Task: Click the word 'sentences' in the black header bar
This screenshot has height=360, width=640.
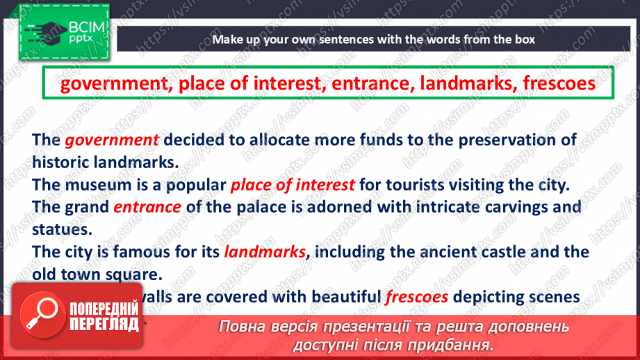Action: pos(345,39)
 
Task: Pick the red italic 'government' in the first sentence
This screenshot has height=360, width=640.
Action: pos(113,140)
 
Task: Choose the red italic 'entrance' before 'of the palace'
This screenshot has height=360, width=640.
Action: pos(147,207)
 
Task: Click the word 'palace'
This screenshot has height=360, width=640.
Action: pos(261,207)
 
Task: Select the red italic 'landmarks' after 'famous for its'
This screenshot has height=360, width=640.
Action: pos(265,252)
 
